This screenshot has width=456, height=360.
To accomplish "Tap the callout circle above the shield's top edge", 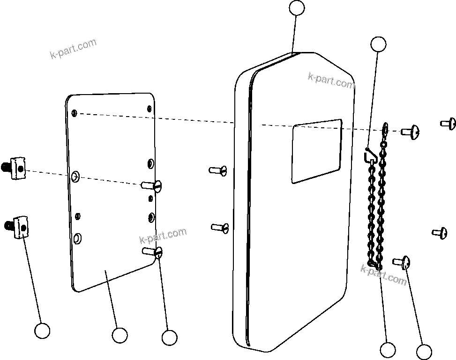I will (297, 8).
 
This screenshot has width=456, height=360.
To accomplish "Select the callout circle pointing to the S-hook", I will (378, 44).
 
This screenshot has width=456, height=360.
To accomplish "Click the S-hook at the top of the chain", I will (369, 154).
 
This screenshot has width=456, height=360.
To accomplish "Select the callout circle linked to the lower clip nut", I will (42, 331).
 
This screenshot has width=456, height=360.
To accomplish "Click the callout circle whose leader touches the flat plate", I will (120, 335).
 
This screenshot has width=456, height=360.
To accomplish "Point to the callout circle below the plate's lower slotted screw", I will (169, 337).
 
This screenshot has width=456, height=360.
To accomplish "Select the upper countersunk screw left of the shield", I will (218, 170).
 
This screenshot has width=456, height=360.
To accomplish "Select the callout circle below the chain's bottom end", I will (388, 350).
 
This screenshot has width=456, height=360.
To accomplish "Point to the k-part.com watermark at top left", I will (73, 49).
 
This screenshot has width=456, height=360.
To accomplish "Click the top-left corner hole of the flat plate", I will (75, 113).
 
